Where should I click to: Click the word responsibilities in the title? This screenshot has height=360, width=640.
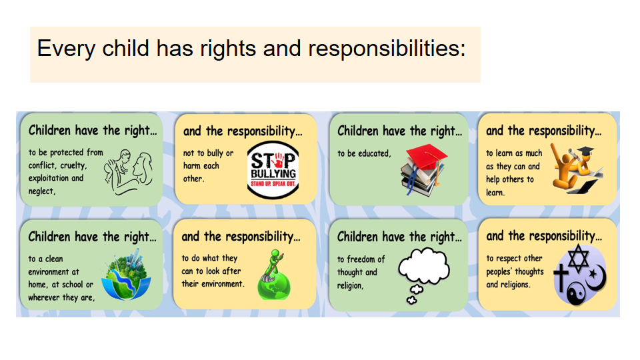click(x=387, y=49)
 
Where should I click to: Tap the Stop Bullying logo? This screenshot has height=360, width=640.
click(x=273, y=170)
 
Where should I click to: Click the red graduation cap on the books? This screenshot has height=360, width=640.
click(x=427, y=156)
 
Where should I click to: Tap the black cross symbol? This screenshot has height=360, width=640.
click(x=561, y=277)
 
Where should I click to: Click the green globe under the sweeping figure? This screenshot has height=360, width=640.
click(x=274, y=285)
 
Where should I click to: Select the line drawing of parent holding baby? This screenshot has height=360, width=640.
click(x=128, y=172)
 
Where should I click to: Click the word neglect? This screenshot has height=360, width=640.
click(x=41, y=191)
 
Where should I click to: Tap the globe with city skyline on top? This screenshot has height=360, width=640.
click(x=126, y=275)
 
